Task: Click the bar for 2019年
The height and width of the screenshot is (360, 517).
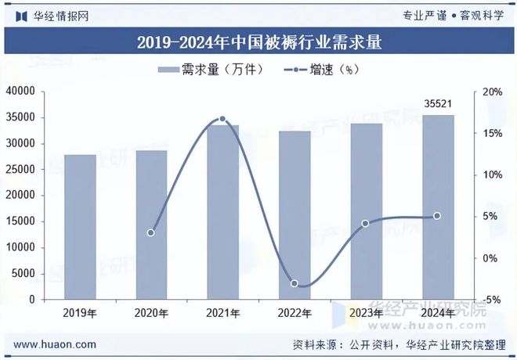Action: coord(80,227)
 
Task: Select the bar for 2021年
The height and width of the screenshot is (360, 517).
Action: coord(222,212)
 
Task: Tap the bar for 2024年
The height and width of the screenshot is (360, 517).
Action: coord(437,207)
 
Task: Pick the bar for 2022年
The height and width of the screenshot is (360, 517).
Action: coord(295,215)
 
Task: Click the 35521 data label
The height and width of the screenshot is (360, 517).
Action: coord(437,103)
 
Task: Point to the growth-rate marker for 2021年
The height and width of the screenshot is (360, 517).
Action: coord(222,119)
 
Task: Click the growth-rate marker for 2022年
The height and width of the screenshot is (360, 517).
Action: coord(295,283)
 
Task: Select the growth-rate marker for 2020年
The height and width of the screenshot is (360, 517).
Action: coord(151,232)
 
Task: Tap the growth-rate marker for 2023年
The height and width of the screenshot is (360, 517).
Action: coord(366,223)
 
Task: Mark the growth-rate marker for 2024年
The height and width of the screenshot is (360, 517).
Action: coord(437,216)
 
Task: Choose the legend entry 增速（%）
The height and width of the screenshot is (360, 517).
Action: coord(317,70)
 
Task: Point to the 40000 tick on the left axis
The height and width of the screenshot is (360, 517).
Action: coord(21,92)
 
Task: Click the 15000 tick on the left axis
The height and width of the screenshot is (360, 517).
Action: coord(21,221)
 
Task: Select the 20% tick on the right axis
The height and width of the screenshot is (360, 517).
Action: coord(492,92)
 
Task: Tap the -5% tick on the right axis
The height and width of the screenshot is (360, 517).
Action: coord(492,300)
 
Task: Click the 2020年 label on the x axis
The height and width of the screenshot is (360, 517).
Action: coord(151,313)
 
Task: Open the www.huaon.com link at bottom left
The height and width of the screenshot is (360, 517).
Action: coord(56,344)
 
